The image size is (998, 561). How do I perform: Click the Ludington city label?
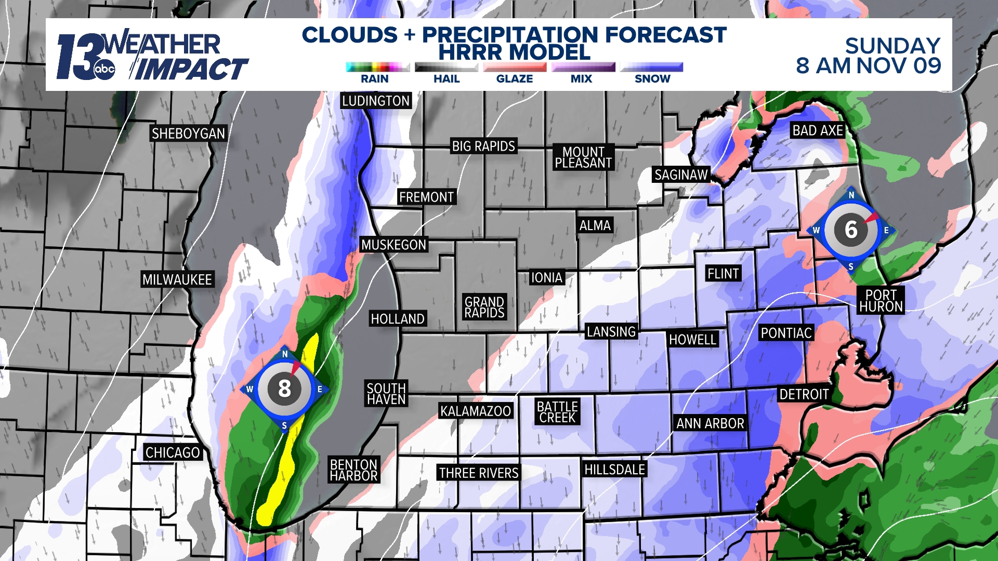(x=376, y=101)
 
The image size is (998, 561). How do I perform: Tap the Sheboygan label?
(x=188, y=133)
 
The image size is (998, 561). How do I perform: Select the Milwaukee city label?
(x=177, y=279)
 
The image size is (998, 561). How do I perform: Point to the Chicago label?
(x=173, y=452)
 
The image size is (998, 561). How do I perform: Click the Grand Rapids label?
(x=484, y=308)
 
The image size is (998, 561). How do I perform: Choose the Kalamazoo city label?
(x=476, y=411)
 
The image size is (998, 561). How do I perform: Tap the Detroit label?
(x=804, y=394)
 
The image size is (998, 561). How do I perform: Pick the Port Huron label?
(x=881, y=301)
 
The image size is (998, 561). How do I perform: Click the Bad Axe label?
(x=818, y=130)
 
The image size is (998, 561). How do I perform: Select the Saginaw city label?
(x=681, y=175)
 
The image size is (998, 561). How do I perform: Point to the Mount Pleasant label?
(x=583, y=157)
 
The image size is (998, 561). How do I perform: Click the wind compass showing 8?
(x=284, y=389)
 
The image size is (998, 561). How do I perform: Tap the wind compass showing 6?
(x=851, y=230)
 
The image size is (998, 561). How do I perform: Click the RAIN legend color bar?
(x=377, y=67)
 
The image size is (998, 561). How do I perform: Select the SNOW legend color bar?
(x=652, y=67)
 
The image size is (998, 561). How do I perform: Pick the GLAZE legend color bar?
(x=515, y=67)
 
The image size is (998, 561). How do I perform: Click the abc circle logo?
(x=104, y=70)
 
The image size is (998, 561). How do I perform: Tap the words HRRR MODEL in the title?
(x=514, y=52)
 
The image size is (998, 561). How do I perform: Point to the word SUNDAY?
(x=892, y=46)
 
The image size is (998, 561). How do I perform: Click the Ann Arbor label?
(x=710, y=423)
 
